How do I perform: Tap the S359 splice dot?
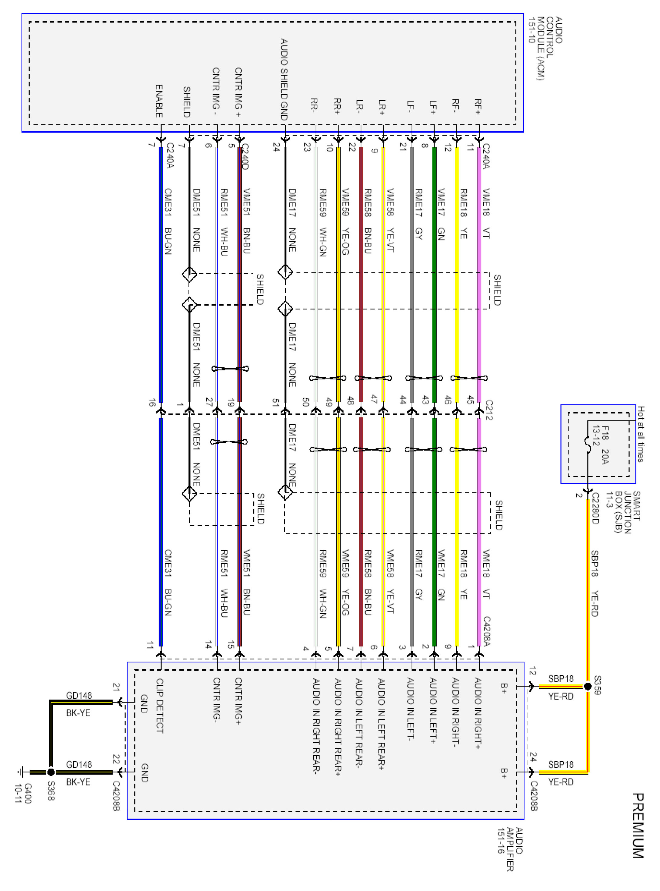point(588,686)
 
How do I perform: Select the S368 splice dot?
point(51,771)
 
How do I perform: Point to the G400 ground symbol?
point(21,772)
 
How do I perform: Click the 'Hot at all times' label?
point(640,434)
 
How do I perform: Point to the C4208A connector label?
point(487,631)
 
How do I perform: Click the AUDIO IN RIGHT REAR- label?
point(316,726)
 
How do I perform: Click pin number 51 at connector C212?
point(275,403)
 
